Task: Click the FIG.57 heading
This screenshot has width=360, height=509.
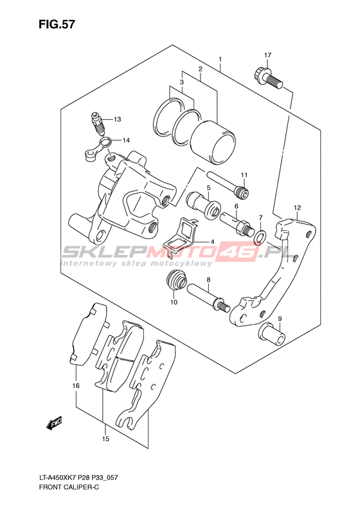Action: (57, 24)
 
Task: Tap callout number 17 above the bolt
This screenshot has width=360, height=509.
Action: (267, 55)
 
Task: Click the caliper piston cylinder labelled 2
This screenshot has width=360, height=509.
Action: (212, 142)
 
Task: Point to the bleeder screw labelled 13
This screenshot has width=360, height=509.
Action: (98, 124)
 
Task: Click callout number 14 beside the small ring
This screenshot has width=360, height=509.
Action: (126, 140)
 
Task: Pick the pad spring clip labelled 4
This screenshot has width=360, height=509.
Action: (183, 232)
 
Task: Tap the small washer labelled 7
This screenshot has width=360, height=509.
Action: (260, 236)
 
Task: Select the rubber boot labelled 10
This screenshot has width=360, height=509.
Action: (177, 280)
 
